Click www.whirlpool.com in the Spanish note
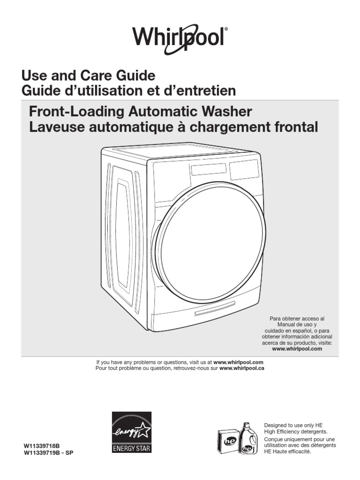point(297,349)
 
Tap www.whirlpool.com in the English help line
point(238,362)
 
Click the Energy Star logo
point(131,433)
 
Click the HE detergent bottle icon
point(248,438)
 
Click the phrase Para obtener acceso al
point(297,318)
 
